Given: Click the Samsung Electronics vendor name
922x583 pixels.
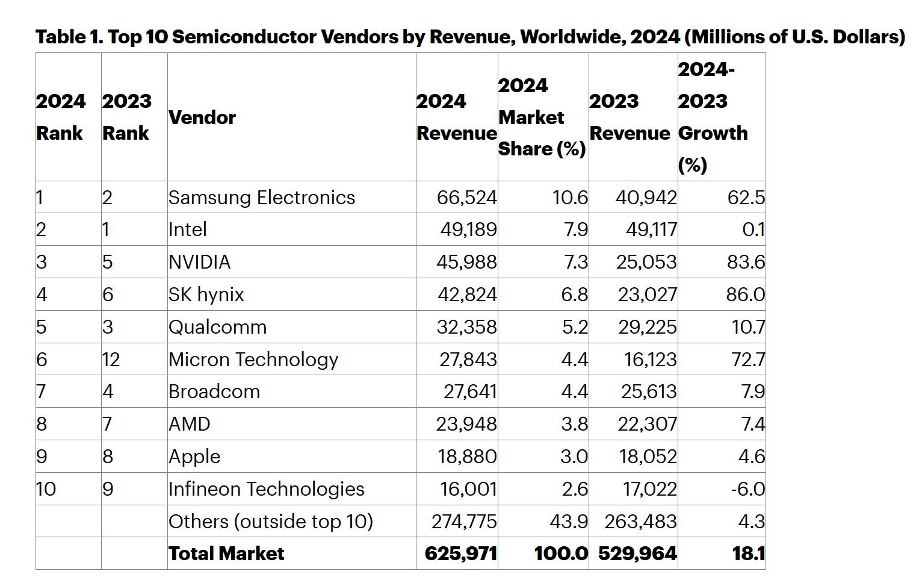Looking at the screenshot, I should coord(262,198).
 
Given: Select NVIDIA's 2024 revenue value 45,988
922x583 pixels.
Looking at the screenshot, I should coord(466,262).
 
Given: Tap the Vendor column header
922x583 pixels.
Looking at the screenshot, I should coord(202,117).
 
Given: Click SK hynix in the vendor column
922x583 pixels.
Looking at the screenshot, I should coord(206,295).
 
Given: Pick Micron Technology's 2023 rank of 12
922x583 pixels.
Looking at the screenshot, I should coord(111,360).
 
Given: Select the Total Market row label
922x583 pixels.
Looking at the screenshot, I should coord(226,553).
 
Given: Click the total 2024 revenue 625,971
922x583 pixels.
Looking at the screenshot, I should coord(460,553).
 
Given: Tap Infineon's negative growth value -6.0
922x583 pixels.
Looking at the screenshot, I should coord(747,489).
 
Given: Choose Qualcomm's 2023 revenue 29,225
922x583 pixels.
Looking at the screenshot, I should coord(647,327).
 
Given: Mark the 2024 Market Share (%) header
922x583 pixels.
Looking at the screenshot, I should coord(542,117).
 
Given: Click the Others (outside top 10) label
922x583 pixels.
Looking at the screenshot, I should coord(271,522).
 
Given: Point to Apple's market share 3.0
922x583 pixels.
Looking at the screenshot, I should coord(574,457).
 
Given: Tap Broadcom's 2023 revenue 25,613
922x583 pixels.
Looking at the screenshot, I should coord(649,391).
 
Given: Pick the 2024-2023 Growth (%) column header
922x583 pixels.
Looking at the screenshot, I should coord(713,117).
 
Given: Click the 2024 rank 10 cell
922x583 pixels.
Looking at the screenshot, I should coord(46,489).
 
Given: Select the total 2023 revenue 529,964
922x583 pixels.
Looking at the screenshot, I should coord(637,553).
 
